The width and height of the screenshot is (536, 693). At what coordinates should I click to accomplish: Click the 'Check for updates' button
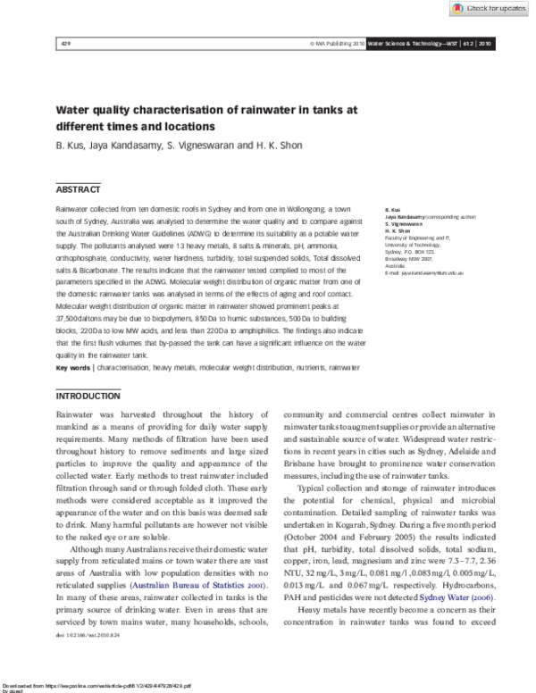(491, 8)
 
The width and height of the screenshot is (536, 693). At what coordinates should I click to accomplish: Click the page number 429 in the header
(64, 43)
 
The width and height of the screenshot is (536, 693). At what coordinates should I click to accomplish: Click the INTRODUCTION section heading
(88, 396)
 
